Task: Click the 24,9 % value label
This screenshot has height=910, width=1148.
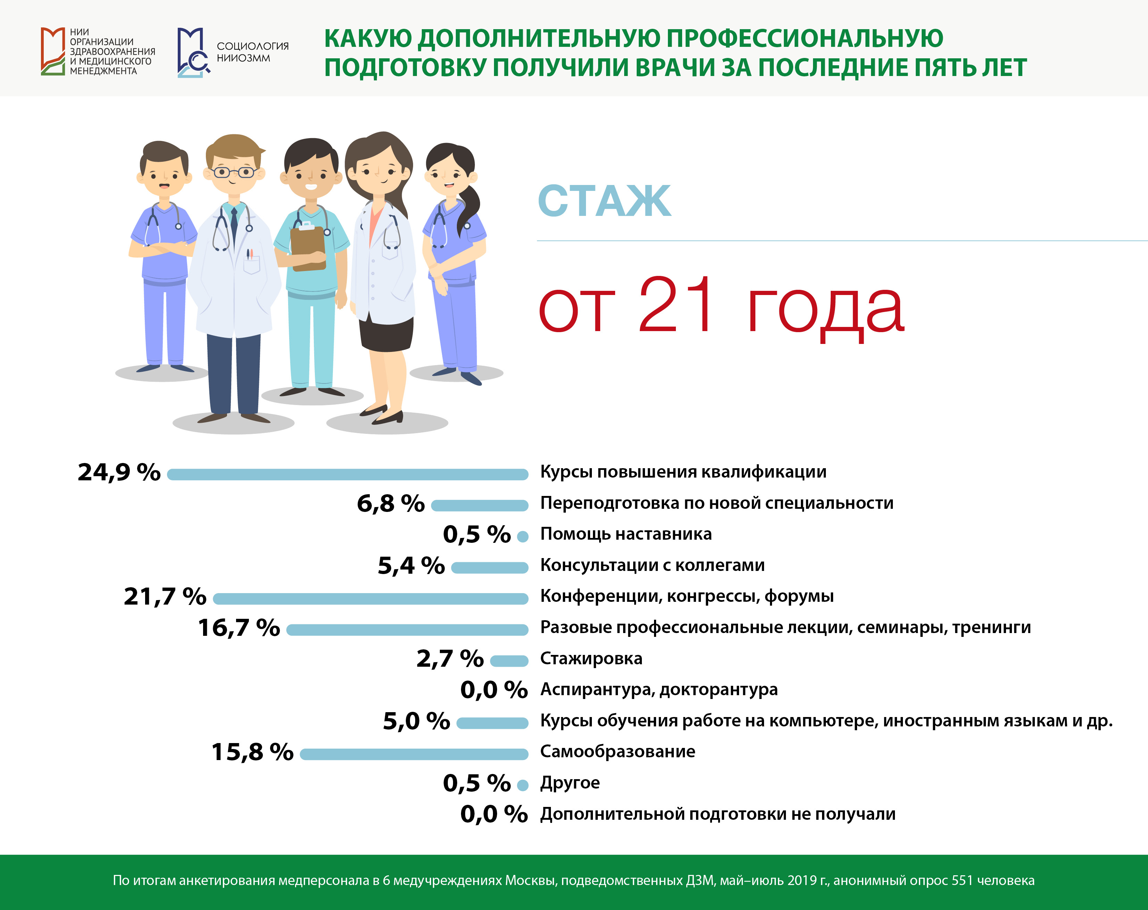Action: click(x=119, y=472)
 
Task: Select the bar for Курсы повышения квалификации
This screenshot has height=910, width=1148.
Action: click(x=348, y=474)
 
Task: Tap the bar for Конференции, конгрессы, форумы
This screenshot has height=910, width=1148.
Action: click(x=371, y=599)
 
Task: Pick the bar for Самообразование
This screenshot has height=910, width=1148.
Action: click(x=414, y=754)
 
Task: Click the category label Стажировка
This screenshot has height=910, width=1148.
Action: click(x=591, y=659)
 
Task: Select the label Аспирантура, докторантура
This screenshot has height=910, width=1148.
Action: click(x=659, y=690)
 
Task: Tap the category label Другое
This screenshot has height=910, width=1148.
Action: click(x=570, y=783)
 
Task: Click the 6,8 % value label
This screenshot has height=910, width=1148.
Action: click(x=391, y=503)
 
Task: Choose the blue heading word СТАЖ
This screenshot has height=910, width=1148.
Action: click(x=604, y=201)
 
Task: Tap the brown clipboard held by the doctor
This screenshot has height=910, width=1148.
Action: click(x=308, y=247)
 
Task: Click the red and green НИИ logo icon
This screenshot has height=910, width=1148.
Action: click(x=53, y=51)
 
